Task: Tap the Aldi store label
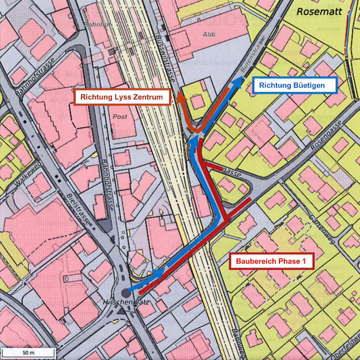[209, 34]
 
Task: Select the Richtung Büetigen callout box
[295, 85]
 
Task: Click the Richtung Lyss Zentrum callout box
[122, 97]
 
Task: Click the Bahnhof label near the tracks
[97, 25]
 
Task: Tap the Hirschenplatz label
[122, 304]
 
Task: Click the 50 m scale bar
[28, 353]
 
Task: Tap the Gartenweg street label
[322, 230]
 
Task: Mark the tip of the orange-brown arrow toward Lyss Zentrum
[181, 96]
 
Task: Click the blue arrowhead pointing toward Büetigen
[238, 81]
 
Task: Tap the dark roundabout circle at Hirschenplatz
[126, 292]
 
